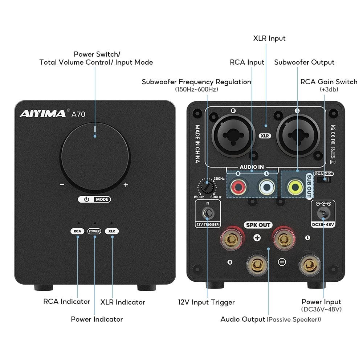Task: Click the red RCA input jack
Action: [x=238, y=187]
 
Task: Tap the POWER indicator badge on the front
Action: [x=94, y=231]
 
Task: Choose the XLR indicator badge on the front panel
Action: [x=112, y=231]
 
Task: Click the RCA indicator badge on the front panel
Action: [x=77, y=231]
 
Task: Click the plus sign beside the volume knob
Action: [x=126, y=185]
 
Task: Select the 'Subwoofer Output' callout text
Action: [x=304, y=62]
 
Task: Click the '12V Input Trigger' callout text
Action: [x=206, y=302]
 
